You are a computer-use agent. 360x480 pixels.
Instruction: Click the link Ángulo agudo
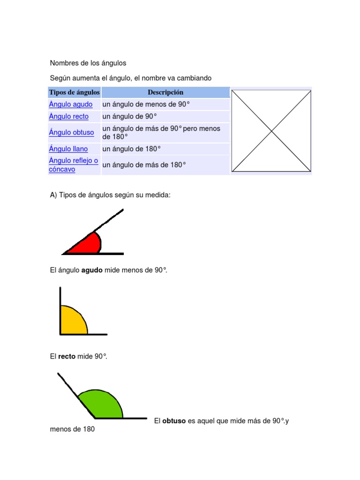click(71, 105)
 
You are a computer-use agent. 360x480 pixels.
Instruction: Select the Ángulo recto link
click(68, 117)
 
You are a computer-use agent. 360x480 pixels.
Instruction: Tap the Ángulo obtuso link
click(71, 133)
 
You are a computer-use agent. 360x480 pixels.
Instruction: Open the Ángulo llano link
click(68, 149)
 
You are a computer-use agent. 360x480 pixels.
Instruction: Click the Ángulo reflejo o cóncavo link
click(74, 165)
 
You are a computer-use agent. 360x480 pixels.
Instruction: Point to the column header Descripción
click(165, 92)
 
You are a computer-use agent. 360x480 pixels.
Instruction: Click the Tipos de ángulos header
click(74, 92)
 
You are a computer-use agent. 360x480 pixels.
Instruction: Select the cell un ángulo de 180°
click(132, 149)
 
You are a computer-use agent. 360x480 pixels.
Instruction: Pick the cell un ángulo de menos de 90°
click(146, 105)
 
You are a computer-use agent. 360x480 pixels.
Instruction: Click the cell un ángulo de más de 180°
click(144, 165)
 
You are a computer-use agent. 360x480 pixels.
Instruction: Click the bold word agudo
click(92, 270)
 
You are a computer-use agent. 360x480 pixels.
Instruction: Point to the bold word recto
click(67, 357)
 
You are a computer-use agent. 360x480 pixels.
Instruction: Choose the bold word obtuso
click(174, 421)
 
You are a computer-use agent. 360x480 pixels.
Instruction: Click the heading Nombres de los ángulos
click(88, 63)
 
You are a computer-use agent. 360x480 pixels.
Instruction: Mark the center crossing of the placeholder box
click(271, 131)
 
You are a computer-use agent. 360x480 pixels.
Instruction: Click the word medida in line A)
click(159, 195)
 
